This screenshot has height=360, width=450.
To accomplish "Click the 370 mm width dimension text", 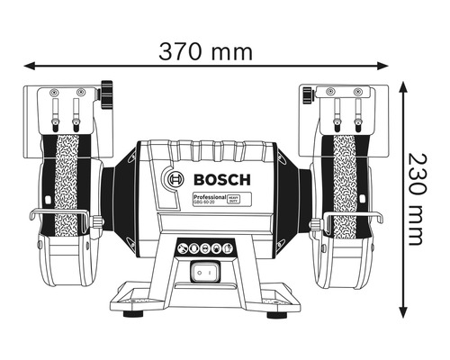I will [206, 51].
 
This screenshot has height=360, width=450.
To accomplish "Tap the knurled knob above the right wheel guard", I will [307, 93].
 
